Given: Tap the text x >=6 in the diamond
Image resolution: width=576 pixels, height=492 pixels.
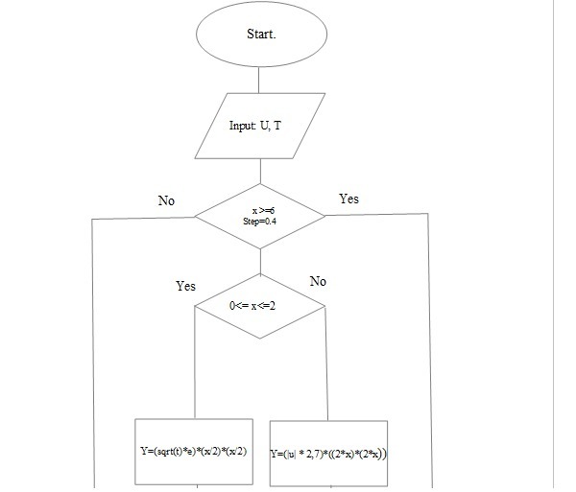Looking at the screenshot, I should click(x=260, y=209).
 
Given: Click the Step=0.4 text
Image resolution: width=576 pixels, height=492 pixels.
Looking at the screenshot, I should click(x=260, y=222).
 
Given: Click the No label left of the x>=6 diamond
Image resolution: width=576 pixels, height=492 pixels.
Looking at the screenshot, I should click(x=166, y=200).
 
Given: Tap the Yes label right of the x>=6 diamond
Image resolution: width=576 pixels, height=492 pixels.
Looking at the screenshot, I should click(x=349, y=199).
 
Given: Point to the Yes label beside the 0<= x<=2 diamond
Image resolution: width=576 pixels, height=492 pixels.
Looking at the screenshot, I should click(x=186, y=286).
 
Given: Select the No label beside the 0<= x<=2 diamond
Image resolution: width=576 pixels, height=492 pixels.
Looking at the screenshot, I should click(x=318, y=281).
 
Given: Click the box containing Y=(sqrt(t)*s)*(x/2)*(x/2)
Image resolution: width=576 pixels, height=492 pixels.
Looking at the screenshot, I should click(x=195, y=449).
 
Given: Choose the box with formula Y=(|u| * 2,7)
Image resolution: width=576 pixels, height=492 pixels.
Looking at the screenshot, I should click(x=328, y=451).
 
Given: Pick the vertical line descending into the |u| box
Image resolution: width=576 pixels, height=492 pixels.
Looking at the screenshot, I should click(x=328, y=364).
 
